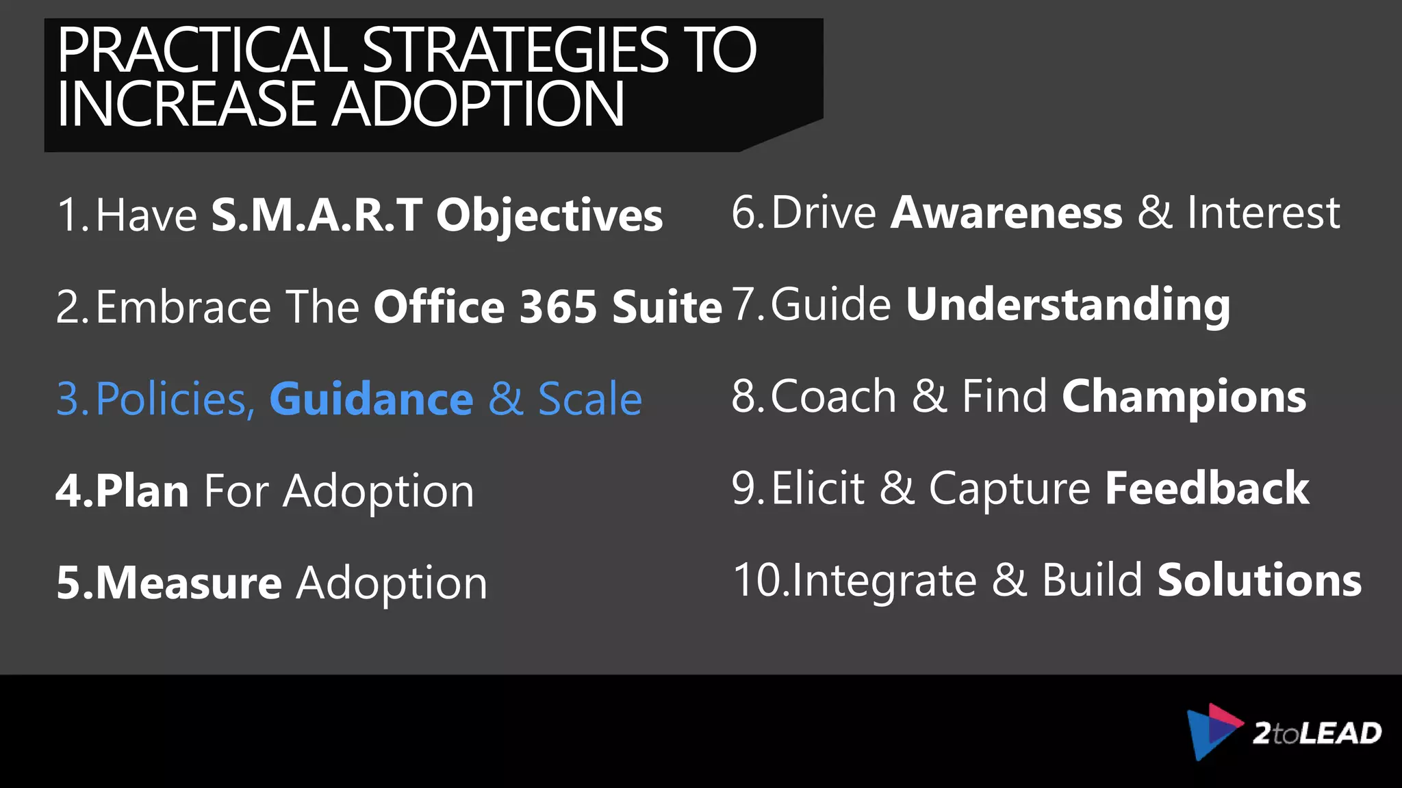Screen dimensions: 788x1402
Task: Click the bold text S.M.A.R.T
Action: (316, 215)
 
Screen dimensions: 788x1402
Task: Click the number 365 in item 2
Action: (558, 306)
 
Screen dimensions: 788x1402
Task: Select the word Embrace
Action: (183, 306)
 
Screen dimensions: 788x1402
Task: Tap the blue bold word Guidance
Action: (371, 399)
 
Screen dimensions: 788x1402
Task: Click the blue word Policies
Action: (175, 399)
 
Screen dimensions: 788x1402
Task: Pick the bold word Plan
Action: (142, 491)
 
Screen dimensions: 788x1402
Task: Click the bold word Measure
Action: (188, 583)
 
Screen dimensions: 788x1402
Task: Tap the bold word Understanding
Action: (1068, 305)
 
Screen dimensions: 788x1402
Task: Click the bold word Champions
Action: (1184, 397)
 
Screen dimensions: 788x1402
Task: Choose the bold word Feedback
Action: (1207, 488)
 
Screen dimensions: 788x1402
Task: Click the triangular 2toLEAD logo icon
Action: (1212, 731)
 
